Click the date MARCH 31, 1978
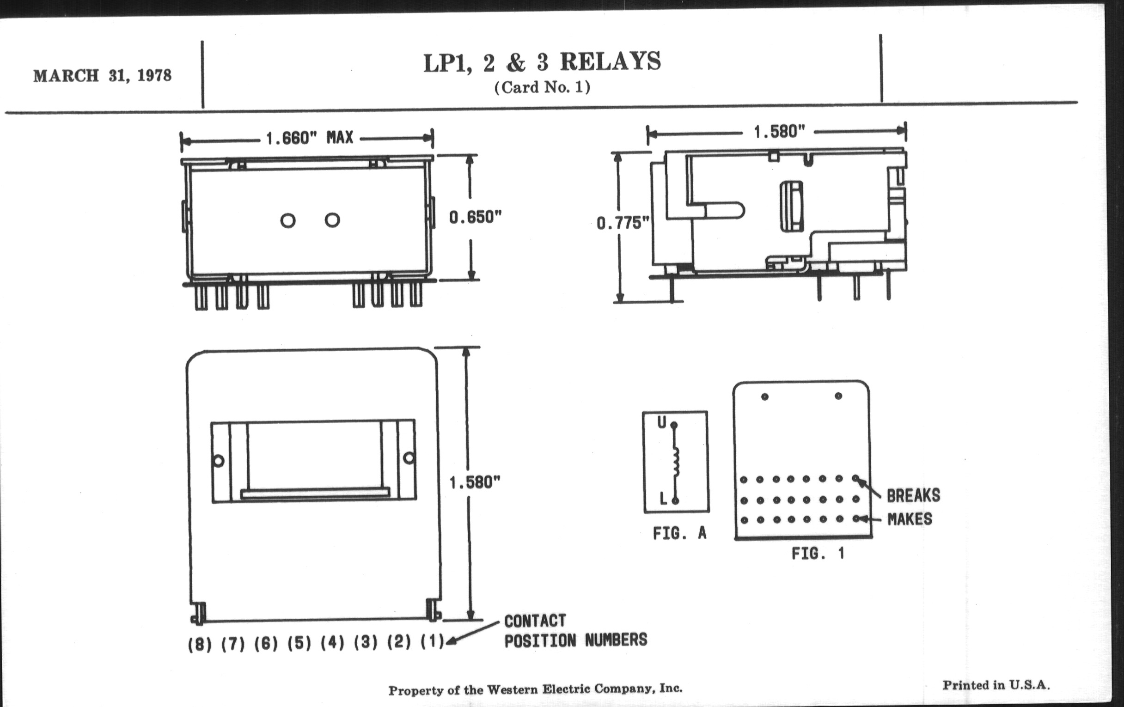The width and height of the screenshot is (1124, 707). point(102,76)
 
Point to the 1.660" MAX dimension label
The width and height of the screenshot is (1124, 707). point(310,138)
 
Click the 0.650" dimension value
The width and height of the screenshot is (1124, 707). point(475,218)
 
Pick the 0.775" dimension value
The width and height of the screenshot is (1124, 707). point(623,224)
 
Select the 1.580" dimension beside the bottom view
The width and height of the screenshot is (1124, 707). point(474,482)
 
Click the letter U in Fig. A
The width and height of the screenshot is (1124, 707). point(662,423)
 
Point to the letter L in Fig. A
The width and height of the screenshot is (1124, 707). point(663,499)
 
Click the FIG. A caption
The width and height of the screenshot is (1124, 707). point(679,533)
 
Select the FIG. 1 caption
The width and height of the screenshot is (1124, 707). point(818,554)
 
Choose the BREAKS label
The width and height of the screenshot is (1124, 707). point(913,496)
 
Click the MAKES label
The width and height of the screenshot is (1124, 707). point(909,519)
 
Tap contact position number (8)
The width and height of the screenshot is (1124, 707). point(199,645)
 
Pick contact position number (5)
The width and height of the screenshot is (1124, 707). point(299,644)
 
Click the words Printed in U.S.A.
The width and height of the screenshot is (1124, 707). point(996,685)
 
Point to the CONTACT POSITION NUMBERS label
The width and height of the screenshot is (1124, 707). point(575,631)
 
